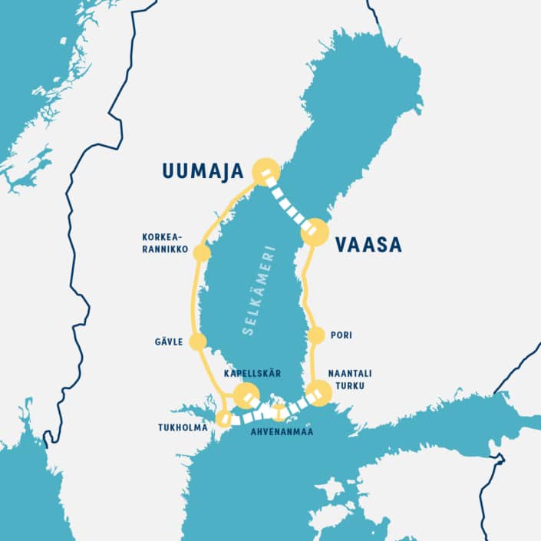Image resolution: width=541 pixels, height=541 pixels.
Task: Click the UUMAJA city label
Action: (203, 171)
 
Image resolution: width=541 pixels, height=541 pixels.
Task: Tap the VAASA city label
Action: (368, 245)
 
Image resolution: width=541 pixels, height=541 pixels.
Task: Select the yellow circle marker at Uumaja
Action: (266, 171)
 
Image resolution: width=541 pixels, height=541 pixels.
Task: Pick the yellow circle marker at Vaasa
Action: (315, 231)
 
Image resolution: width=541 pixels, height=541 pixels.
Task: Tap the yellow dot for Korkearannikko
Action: (202, 252)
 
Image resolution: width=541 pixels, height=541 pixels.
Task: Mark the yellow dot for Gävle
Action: (197, 341)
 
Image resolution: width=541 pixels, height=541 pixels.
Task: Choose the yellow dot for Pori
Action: (315, 335)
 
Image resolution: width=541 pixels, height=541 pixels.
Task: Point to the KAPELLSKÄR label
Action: (252, 373)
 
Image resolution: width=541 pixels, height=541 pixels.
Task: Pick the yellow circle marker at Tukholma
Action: (224, 418)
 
